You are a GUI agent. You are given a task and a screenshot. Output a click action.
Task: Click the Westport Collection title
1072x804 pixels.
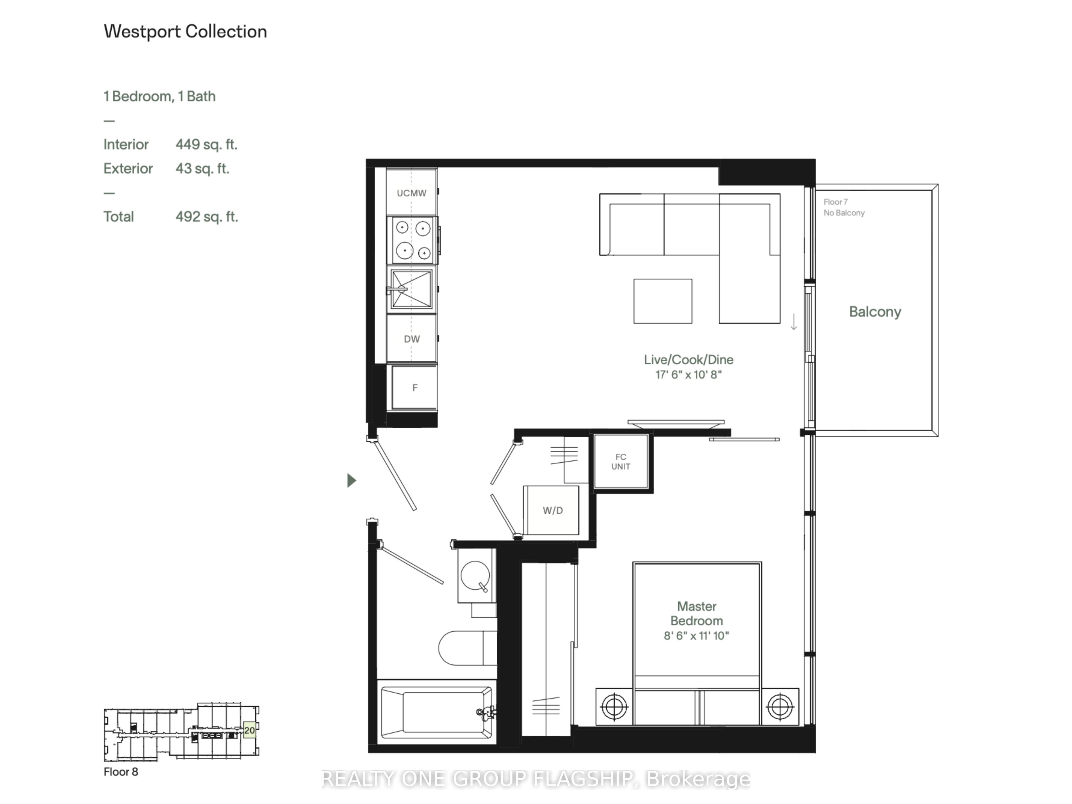tap(185, 32)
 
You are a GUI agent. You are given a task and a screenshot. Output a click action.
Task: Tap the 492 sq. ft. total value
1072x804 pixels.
tap(207, 217)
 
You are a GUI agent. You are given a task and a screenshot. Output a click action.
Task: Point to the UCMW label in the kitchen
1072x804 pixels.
tap(411, 193)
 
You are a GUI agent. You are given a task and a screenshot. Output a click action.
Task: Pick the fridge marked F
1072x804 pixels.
tap(414, 388)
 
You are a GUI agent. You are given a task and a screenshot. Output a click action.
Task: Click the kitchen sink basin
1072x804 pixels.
tap(411, 289)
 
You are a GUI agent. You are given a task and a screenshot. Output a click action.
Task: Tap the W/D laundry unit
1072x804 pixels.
tap(552, 510)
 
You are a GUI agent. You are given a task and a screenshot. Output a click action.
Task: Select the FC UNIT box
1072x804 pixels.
tap(621, 461)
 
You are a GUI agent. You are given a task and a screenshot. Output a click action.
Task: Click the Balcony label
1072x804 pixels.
tap(875, 312)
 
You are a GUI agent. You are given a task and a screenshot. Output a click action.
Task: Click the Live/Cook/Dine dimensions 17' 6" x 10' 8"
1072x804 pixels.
tap(688, 375)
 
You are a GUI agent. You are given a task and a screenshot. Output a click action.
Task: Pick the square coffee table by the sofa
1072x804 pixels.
tap(662, 301)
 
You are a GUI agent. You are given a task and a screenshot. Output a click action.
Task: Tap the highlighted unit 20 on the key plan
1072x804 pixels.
tap(249, 730)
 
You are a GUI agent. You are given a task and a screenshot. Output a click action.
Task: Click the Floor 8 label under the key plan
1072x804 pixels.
tap(121, 772)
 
